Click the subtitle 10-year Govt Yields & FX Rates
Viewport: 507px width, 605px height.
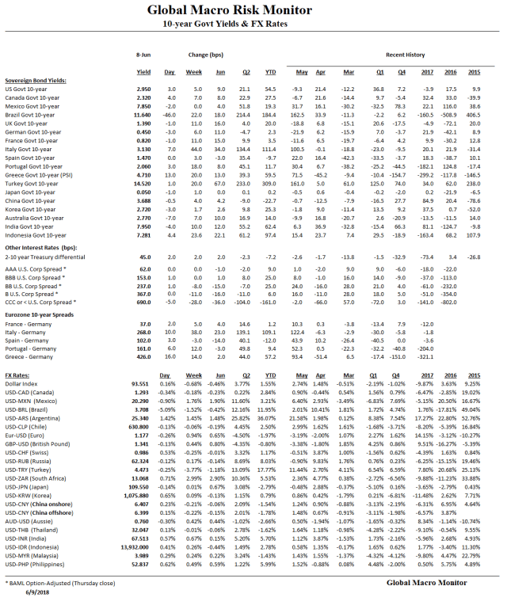253,24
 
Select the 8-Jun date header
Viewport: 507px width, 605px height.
143,55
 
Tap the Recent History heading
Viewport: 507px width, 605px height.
406,55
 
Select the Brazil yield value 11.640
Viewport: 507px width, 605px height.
143,115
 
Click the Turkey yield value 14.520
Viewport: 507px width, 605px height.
143,183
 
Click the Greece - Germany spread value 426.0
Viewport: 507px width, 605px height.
143,358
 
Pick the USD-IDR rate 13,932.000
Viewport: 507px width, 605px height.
136,546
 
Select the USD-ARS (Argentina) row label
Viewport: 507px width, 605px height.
37,417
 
